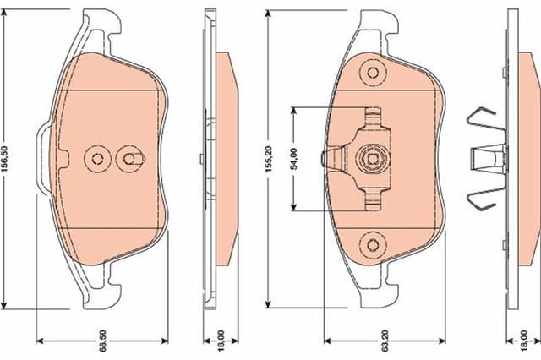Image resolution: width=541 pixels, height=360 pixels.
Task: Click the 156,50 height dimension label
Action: point(5,159)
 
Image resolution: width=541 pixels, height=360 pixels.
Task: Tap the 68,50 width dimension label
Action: point(103,341)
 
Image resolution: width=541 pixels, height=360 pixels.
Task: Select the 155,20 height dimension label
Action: point(270,159)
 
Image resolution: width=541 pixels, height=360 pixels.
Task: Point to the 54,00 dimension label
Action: point(294,159)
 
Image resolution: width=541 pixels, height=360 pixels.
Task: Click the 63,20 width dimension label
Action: point(385,341)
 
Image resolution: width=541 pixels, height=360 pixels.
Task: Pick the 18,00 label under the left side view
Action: point(221,341)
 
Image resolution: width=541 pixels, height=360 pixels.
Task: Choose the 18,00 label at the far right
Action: point(524,341)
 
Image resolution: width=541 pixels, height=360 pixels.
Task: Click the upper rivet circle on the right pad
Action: point(373,73)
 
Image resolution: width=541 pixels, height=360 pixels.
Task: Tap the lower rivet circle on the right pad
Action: point(373,245)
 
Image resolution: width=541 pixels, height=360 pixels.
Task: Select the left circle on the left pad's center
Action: point(97,159)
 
